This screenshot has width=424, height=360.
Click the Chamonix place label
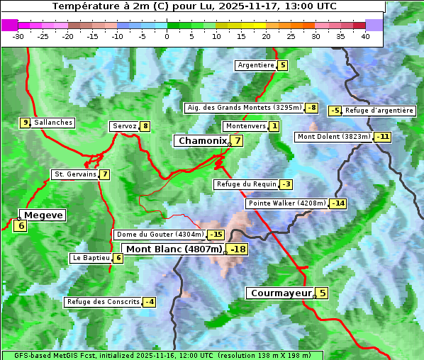click(x=202, y=141)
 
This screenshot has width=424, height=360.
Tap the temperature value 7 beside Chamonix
click(x=238, y=141)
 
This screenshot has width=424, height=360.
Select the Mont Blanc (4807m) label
click(x=174, y=249)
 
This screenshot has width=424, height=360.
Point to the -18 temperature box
click(x=238, y=249)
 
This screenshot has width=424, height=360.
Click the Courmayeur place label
click(x=281, y=293)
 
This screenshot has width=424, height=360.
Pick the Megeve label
click(x=43, y=215)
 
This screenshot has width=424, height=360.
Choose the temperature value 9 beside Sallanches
click(x=26, y=123)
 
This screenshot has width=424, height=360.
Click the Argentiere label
click(x=256, y=65)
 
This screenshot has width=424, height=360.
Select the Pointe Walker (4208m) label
click(x=287, y=203)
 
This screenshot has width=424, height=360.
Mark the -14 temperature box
click(x=338, y=203)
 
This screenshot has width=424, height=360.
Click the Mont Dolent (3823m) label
click(x=334, y=137)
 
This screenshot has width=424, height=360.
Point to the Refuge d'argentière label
click(x=379, y=111)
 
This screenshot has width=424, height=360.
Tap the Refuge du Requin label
click(x=246, y=184)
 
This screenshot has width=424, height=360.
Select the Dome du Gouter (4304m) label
click(x=160, y=235)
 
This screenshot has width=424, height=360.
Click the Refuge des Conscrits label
click(x=104, y=302)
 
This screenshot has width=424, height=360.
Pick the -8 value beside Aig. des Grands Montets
click(x=311, y=108)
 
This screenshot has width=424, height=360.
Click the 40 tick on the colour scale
click(x=365, y=36)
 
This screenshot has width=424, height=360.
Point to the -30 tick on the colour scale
click(x=18, y=36)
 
